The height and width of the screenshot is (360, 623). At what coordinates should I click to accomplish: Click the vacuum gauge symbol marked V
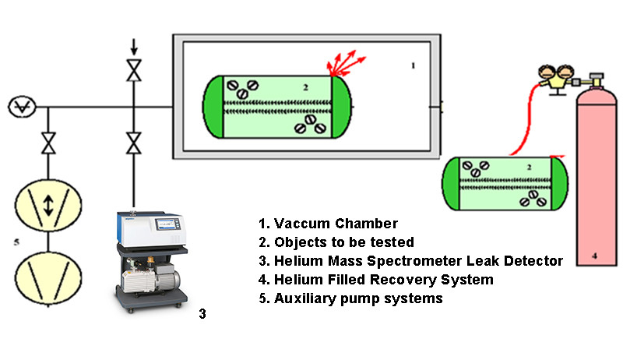(17, 106)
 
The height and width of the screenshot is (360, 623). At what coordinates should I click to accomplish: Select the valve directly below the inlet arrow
(134, 71)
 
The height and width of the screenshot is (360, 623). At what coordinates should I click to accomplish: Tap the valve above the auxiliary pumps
(48, 143)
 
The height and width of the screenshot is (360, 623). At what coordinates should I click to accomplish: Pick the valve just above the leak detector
(134, 143)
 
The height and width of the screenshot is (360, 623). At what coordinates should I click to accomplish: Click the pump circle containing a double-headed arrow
(48, 206)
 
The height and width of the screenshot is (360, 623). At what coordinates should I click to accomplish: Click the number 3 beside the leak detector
(202, 314)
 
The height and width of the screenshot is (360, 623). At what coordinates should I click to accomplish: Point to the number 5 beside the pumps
(16, 242)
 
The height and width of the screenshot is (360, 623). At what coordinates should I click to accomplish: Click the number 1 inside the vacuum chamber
(413, 66)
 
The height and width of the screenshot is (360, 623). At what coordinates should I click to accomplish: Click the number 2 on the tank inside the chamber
(306, 88)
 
